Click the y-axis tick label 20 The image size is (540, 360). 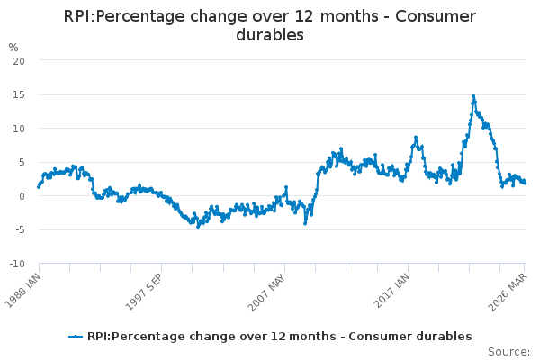[18, 60]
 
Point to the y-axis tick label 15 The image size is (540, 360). [18, 94]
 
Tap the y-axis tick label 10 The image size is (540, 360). [18, 128]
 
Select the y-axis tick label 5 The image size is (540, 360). [21, 162]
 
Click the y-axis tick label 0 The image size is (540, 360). [21, 196]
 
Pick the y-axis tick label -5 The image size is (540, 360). [18, 229]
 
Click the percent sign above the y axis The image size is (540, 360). [13, 47]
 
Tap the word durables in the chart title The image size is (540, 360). [269, 36]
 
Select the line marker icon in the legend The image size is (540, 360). [76, 337]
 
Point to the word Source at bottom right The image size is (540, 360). [508, 352]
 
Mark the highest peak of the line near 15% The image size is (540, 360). [473, 95]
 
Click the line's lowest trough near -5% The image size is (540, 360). [198, 226]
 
